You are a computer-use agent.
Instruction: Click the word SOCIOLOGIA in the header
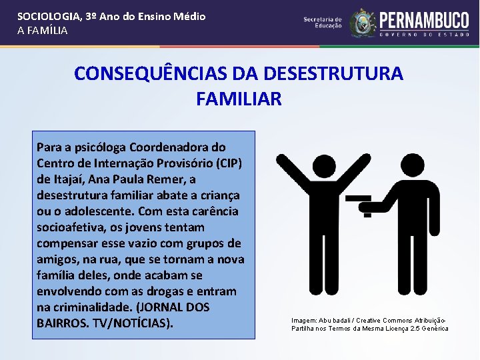click(x=45, y=16)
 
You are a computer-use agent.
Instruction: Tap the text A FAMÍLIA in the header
click(x=42, y=30)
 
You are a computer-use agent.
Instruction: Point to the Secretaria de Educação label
click(x=322, y=23)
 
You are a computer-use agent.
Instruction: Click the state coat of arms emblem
click(x=363, y=22)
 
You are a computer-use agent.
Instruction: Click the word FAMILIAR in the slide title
click(x=239, y=99)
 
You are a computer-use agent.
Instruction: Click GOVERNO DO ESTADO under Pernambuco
click(x=424, y=33)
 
